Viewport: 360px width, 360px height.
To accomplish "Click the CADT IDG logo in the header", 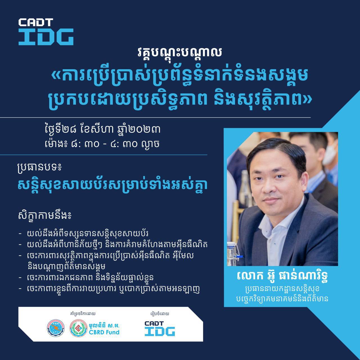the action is [46, 31].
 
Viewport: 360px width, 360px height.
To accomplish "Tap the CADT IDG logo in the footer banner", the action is [160, 328].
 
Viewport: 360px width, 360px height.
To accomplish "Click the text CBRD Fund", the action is [104, 332].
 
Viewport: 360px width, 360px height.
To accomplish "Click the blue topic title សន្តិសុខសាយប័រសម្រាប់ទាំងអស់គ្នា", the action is [113, 186].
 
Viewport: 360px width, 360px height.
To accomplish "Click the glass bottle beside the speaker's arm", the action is [232, 253].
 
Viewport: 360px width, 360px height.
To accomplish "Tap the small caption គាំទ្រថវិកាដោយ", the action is [83, 314].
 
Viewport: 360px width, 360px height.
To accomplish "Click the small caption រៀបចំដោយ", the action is [160, 314].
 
